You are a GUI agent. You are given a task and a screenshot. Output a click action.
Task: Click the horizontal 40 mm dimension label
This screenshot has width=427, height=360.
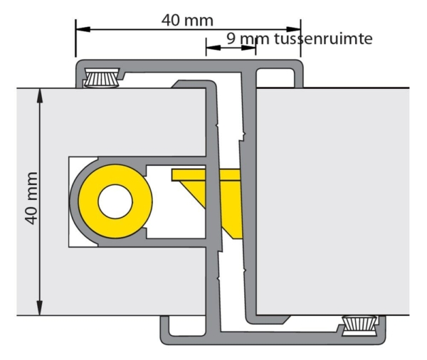pos(187,20)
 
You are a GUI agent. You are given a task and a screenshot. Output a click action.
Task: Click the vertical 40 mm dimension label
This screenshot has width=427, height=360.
pos(31,198)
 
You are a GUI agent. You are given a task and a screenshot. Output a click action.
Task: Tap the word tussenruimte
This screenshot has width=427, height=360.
pos(323,38)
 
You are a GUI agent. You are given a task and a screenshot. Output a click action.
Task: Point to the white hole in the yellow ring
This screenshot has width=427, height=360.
pos(115,201)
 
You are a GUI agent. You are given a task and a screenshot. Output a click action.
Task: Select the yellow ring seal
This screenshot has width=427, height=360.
pos(115,201)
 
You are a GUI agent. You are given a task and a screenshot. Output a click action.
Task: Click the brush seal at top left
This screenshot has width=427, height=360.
pos(102,78)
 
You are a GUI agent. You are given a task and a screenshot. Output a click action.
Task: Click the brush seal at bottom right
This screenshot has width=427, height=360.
pos(360,325)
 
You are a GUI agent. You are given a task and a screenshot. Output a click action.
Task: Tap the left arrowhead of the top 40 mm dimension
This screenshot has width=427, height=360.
pos(83,29)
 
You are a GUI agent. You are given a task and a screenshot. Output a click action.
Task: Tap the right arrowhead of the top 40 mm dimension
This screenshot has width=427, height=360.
pos(293,29)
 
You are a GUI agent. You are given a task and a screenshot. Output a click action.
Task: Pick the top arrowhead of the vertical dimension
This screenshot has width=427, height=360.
pos(40,95)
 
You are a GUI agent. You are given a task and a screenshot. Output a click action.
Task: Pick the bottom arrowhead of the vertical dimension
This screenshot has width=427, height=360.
pos(40,308)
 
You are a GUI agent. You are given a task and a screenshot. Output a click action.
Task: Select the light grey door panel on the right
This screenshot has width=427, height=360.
pos(332,201)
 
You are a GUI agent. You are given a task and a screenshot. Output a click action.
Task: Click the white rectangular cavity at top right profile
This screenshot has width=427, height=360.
pos(275,78)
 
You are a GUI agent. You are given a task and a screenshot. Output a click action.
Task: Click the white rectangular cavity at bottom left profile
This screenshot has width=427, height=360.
pos(186,326)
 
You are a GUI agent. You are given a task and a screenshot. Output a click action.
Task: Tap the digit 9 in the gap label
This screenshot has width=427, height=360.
pos(231,38)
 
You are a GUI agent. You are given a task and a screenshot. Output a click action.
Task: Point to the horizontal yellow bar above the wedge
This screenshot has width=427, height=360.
pos(206,175)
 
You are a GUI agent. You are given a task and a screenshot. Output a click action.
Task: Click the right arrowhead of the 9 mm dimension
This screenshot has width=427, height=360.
pos(248,48)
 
